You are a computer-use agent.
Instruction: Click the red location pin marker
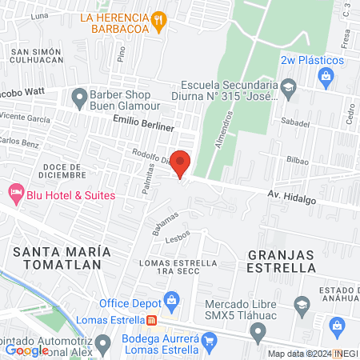[181, 162]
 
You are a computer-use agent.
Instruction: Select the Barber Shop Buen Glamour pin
[79, 98]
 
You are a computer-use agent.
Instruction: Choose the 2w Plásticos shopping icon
[325, 76]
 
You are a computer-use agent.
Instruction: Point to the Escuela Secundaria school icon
[290, 86]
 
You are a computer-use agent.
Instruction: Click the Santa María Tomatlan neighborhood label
[58, 257]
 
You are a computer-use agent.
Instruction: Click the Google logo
[26, 350]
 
